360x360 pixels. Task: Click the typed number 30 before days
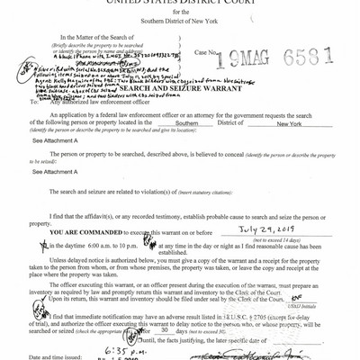pos(184,328)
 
